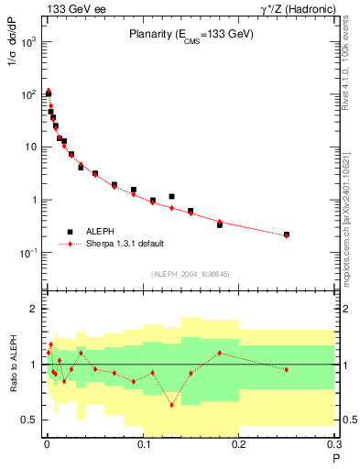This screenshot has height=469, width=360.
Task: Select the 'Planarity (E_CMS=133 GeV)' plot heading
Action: click(x=190, y=34)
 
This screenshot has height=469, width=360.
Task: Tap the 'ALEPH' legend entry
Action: click(x=102, y=232)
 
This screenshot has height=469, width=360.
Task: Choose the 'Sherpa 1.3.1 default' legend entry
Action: click(x=126, y=245)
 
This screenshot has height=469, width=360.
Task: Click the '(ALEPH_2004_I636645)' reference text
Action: click(x=190, y=274)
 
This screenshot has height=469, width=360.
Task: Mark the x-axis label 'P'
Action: click(x=335, y=456)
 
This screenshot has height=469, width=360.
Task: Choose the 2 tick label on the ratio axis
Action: click(x=33, y=309)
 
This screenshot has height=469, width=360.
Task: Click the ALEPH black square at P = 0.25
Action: click(x=286, y=234)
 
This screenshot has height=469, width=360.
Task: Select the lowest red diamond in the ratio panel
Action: click(x=171, y=404)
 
